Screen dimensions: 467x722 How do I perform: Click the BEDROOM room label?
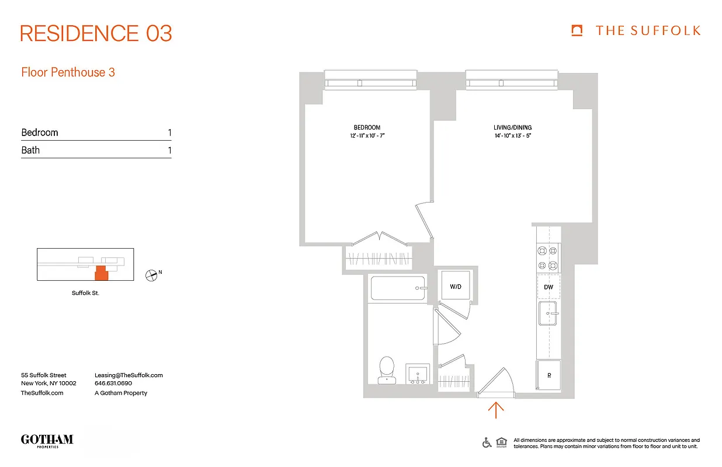(x=367, y=127)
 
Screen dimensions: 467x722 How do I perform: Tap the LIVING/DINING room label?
(x=512, y=127)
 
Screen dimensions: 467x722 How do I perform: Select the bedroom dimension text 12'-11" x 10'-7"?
(x=367, y=136)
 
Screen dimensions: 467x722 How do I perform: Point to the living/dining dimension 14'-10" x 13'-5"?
(x=512, y=136)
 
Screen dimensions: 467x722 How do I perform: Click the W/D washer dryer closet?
(x=456, y=287)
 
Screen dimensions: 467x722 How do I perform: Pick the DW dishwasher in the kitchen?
(x=549, y=287)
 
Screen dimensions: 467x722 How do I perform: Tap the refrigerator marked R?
(x=549, y=375)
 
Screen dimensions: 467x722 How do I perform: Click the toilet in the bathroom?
(x=386, y=371)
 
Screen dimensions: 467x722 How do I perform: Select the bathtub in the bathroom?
(x=398, y=288)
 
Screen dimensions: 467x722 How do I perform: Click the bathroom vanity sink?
(x=417, y=374)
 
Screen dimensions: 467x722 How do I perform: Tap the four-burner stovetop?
(x=547, y=258)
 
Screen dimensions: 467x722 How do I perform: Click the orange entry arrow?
(x=495, y=410)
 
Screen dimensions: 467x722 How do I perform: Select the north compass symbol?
(x=151, y=275)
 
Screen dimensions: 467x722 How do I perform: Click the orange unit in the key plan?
(x=102, y=273)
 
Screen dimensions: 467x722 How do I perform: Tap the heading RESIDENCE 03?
(x=96, y=33)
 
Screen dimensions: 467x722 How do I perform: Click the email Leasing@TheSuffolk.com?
(x=129, y=375)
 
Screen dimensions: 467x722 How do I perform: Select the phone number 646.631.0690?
(x=113, y=384)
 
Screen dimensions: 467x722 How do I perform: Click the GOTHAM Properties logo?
(x=47, y=441)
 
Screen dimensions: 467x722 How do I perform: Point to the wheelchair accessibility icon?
(x=487, y=442)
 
